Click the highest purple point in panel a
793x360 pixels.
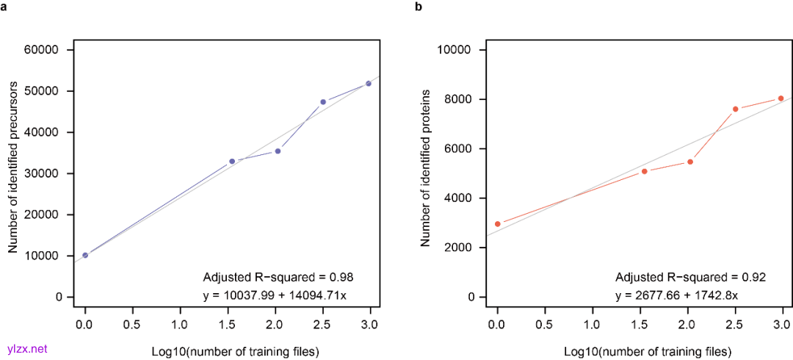click(x=369, y=83)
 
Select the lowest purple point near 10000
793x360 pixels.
click(x=85, y=255)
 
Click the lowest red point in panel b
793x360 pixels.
click(x=498, y=223)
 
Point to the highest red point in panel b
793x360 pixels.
click(x=781, y=98)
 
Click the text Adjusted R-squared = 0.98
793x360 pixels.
click(x=278, y=277)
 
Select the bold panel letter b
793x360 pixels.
click(x=419, y=7)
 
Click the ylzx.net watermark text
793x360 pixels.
click(x=26, y=348)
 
